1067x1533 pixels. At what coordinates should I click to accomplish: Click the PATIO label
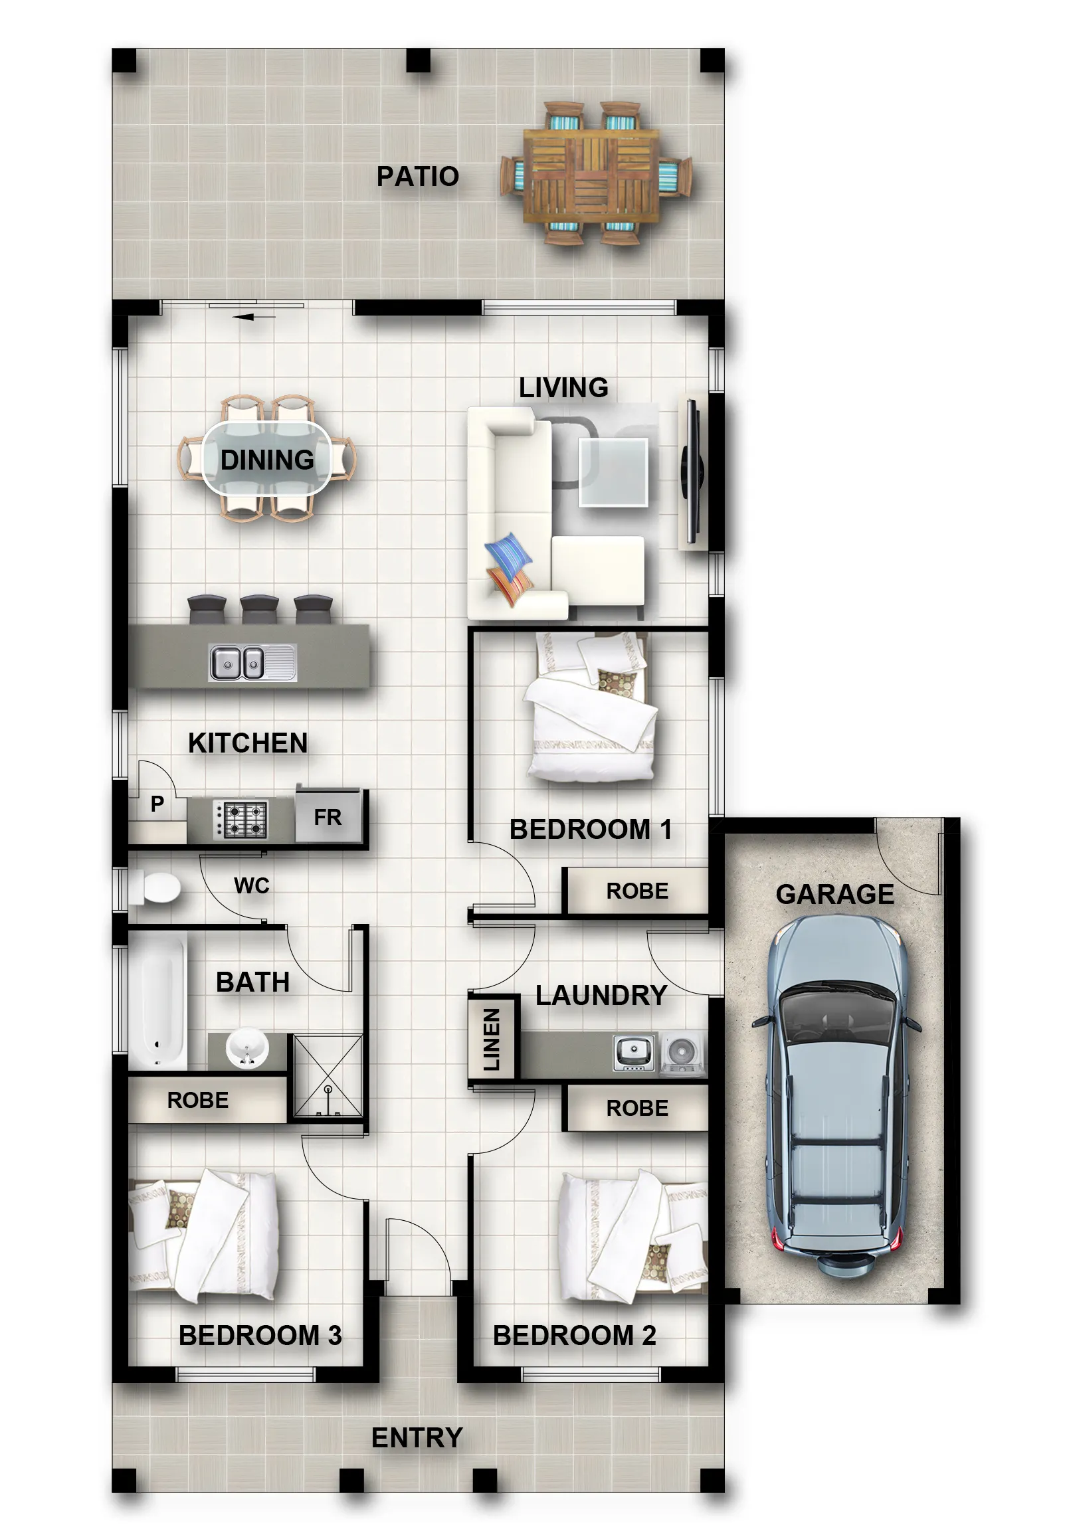coord(417,176)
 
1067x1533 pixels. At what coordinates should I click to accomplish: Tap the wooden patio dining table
coord(591,175)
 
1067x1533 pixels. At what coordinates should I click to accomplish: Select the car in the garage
coord(836,1095)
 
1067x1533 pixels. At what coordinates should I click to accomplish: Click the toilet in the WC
coord(155,889)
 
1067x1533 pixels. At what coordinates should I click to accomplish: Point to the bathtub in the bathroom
coord(157,1001)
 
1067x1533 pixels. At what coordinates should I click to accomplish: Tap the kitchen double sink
coord(252,662)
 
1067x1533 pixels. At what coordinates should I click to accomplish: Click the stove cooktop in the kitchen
coord(241,819)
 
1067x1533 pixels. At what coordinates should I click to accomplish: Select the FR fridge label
coord(327,817)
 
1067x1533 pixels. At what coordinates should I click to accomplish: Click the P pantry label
coord(157,804)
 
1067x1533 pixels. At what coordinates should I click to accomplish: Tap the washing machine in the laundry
coord(682,1054)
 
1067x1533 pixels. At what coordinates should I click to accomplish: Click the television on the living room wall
coord(692,472)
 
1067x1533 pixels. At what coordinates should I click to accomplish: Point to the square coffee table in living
coord(613,472)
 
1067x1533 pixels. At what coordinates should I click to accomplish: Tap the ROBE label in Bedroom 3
coord(197,1100)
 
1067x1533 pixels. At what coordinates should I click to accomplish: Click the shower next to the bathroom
coord(328,1075)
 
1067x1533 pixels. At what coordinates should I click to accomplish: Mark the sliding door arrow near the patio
coord(254,316)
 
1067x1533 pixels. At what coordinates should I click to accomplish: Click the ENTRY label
coord(417,1437)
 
